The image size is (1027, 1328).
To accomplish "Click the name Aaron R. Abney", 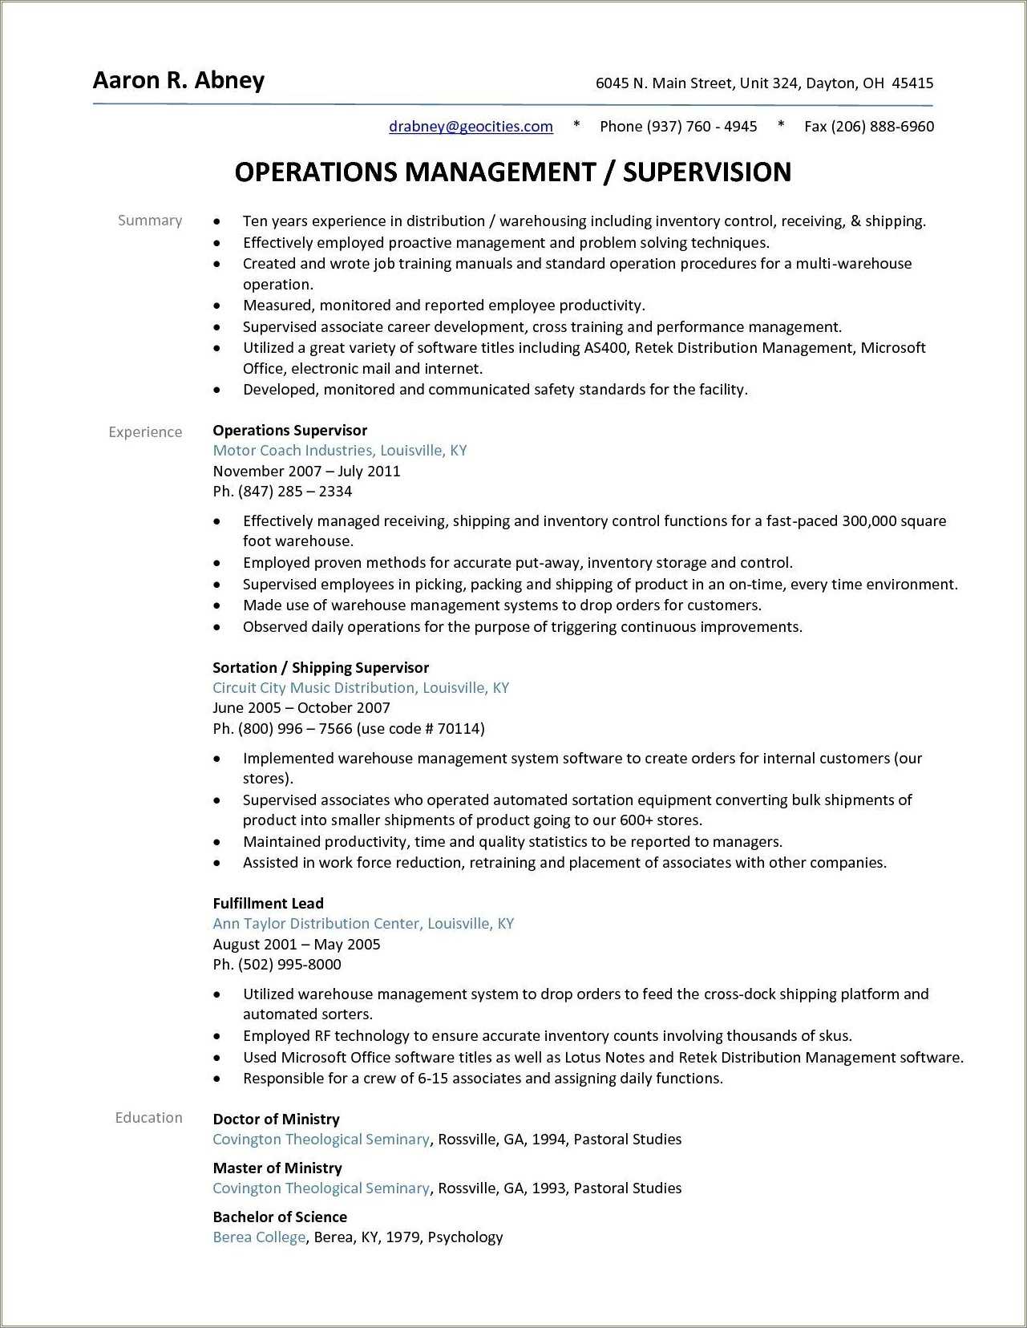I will point(178,80).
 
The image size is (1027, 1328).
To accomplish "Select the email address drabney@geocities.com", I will point(471,126).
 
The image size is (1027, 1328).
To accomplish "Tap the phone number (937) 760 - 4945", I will point(702,126).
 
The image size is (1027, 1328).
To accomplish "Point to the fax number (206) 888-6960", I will point(882,126).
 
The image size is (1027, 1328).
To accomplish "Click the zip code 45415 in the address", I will point(912,83).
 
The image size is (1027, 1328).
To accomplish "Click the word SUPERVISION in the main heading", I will point(706,172).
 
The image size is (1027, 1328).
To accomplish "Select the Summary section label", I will point(150,221).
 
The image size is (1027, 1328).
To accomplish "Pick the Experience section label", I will point(145,431).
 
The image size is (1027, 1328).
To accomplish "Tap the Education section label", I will point(148,1117).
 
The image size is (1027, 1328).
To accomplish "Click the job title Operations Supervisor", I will point(289,430).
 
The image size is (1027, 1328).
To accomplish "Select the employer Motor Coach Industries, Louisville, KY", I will point(339,450).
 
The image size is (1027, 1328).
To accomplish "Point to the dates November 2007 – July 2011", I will point(305,471).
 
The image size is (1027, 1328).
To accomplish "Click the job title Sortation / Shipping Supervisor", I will point(320,667).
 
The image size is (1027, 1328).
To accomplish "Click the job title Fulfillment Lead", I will point(268,903).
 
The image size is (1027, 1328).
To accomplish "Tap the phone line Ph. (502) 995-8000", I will point(277,964).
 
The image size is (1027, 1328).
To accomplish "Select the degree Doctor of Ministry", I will point(276,1119).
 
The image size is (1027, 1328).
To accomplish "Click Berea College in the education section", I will point(259,1237).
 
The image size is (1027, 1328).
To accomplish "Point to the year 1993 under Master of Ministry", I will point(548,1188).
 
